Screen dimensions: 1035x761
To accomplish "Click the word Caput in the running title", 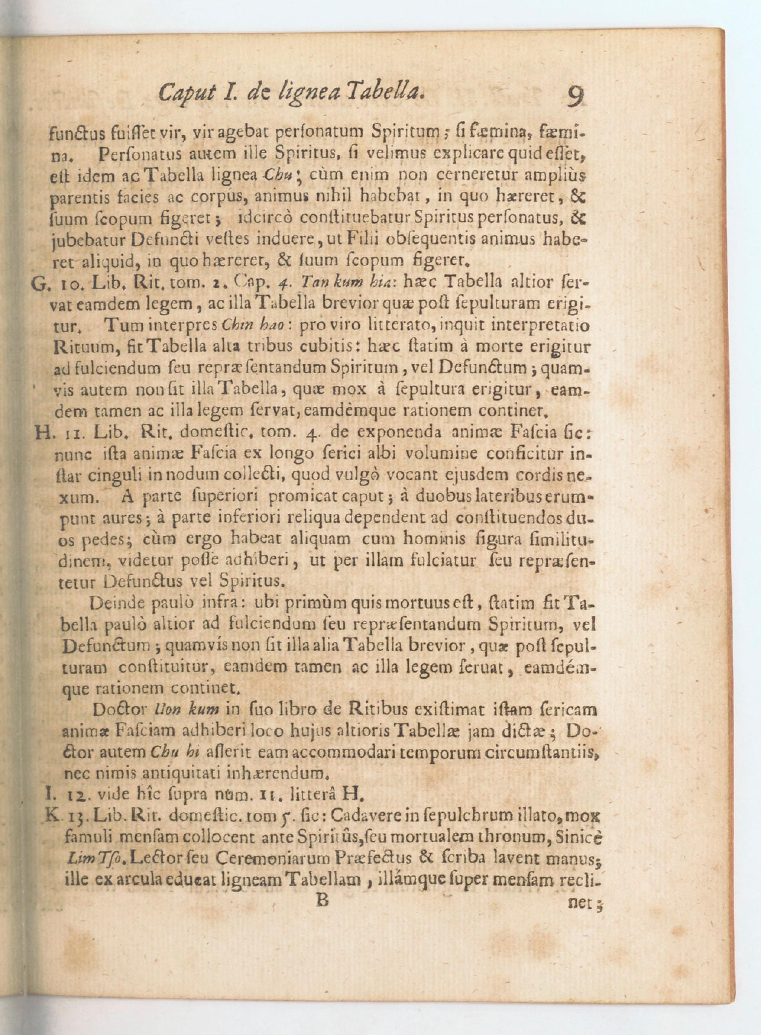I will click(x=186, y=94).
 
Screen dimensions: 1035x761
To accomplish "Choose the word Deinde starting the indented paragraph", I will click(x=114, y=603).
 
